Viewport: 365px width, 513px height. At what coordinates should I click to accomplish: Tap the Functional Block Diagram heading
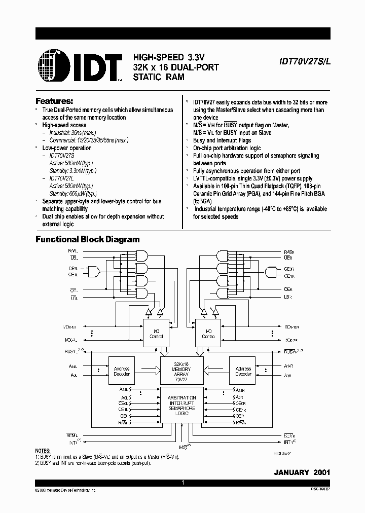click(x=87, y=239)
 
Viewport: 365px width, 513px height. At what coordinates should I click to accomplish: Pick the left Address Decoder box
click(x=122, y=371)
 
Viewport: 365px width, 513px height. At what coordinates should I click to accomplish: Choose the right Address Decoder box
click(x=243, y=371)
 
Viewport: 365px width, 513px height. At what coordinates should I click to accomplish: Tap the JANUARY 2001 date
click(x=302, y=472)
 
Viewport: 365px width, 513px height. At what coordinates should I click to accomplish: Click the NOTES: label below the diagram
click(x=43, y=451)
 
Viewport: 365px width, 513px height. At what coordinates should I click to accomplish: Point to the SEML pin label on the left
click(x=71, y=434)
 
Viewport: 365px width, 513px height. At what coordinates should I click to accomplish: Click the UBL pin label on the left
click(x=74, y=258)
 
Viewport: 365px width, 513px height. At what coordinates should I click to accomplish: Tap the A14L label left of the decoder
click(x=74, y=365)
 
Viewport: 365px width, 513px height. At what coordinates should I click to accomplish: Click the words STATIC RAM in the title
click(x=159, y=77)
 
